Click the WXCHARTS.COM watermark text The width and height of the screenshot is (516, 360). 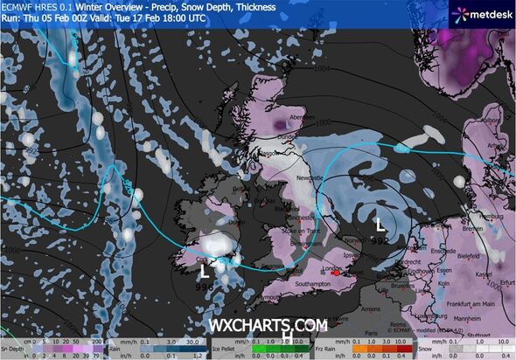(268, 325)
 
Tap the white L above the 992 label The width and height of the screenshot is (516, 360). (379, 211)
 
